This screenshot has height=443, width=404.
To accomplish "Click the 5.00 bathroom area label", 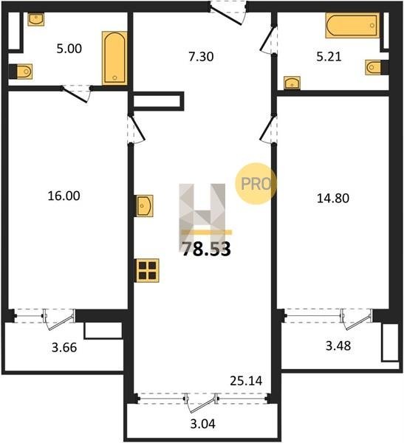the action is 69,49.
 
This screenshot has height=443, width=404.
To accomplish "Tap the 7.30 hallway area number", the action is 201,57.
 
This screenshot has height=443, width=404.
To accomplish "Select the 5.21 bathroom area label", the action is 329,57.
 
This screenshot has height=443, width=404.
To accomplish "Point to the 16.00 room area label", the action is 64,196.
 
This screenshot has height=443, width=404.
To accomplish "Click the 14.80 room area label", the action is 333,198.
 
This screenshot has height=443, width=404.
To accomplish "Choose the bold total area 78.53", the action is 206,250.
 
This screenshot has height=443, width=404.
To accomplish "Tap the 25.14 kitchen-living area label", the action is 246,381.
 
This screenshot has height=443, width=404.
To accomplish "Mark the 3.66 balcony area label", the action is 64,347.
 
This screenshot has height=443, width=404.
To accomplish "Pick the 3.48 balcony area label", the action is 338,346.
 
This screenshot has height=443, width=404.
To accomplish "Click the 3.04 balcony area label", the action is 202,424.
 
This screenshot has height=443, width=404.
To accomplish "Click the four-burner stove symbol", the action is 148,270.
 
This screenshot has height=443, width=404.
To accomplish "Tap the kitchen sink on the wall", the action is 145,206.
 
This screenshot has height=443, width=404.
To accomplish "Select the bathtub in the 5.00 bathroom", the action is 114,58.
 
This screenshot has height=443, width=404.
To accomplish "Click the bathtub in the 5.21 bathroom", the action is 352,25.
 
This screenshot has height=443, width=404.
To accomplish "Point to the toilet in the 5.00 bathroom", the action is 24,72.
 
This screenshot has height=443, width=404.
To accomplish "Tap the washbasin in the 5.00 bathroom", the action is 36,19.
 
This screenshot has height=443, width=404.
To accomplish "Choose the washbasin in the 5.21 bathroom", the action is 292,83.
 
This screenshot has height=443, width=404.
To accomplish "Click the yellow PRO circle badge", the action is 256,184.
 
